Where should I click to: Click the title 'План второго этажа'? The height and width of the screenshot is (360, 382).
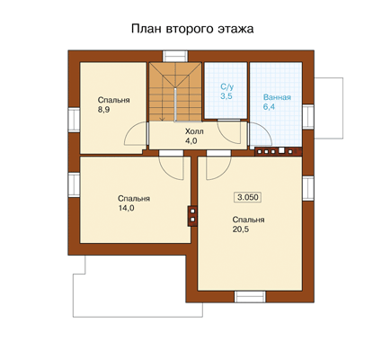192,29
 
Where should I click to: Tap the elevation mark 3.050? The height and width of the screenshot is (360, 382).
248,197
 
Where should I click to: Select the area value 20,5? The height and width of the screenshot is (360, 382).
241,229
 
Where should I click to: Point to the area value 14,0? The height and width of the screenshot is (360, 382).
126,208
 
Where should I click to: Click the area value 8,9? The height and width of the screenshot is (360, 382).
103,110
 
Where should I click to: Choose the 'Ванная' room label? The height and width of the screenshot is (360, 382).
277,97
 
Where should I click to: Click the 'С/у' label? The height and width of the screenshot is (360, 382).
227,87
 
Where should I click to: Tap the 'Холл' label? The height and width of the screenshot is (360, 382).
194,131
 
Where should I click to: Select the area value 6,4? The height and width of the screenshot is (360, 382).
269,107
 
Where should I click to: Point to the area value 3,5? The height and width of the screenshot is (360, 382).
227,96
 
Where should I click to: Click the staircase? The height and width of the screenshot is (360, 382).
175,92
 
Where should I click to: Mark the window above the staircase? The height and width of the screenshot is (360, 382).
175,56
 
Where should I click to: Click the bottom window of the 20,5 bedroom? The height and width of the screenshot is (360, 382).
250,297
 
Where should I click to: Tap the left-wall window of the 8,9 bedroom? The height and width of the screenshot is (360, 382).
74,120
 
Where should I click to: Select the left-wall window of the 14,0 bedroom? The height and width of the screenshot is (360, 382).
74,184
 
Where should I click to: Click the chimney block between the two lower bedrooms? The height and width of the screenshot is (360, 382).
192,216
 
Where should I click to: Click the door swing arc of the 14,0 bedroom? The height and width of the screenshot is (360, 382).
172,169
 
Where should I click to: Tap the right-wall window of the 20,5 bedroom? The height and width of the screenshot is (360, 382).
308,188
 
